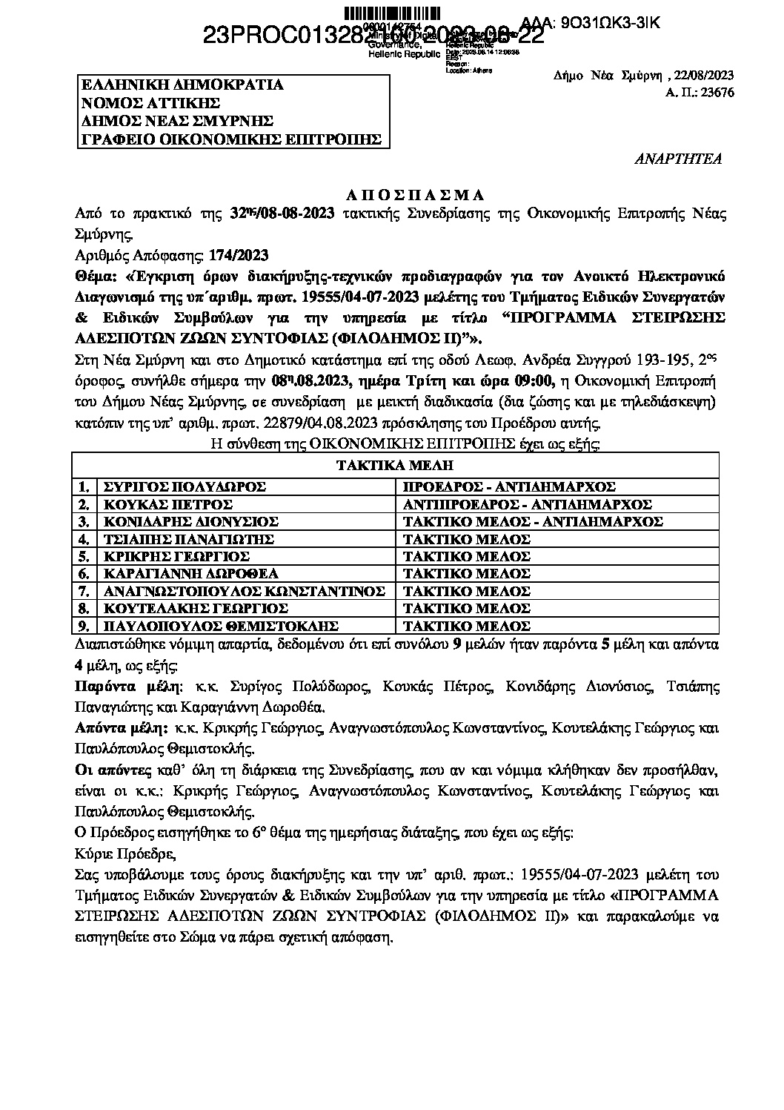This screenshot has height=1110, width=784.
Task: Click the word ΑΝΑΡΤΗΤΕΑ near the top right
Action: click(679, 159)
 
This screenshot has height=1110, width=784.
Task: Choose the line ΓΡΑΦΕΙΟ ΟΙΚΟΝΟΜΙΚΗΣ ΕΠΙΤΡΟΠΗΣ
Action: click(230, 139)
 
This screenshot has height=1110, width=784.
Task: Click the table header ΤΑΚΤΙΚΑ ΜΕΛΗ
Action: click(394, 466)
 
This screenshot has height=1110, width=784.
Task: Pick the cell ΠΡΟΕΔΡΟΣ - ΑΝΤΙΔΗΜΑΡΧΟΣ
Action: click(509, 486)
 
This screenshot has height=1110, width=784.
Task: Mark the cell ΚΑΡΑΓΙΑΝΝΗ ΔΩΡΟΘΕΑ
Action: click(190, 574)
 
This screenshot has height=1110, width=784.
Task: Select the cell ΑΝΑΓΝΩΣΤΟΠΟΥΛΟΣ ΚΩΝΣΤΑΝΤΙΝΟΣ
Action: click(244, 591)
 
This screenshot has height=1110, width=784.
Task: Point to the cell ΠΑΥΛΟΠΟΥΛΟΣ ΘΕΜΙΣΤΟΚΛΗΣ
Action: click(221, 626)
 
